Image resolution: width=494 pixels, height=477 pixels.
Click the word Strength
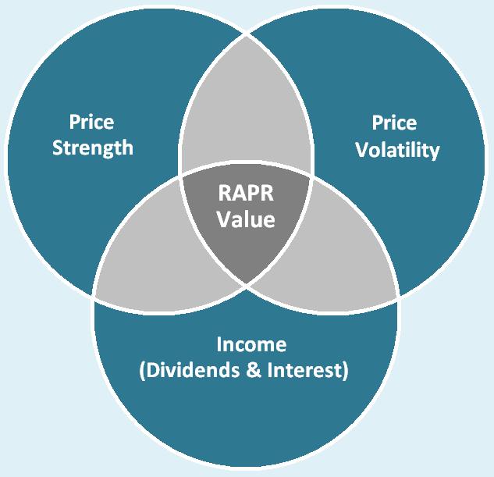[93, 148]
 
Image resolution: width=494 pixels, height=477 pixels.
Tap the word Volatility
[397, 150]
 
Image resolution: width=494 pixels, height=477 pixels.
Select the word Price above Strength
[91, 123]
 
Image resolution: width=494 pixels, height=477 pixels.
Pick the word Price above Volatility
[394, 123]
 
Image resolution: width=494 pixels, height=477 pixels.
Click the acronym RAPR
[246, 193]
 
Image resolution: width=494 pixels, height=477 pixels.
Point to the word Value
[246, 219]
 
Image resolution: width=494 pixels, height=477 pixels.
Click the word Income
[251, 344]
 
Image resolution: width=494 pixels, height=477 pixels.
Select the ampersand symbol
[254, 370]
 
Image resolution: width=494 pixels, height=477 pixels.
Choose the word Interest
[304, 370]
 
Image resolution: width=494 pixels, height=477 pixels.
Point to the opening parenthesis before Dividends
[142, 371]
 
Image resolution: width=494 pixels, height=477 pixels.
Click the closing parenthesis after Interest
[345, 371]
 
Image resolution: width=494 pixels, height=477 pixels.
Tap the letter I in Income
[219, 344]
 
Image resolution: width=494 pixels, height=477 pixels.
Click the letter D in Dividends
[152, 370]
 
